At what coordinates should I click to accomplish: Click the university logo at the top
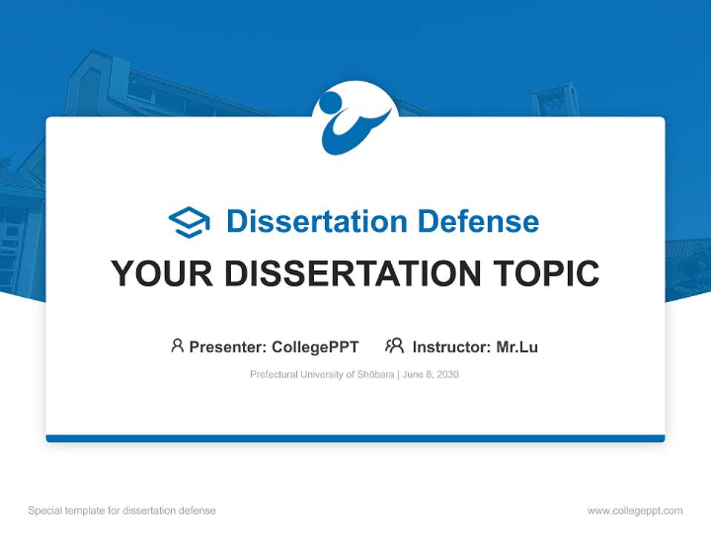tap(355, 118)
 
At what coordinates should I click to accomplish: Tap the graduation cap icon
tap(189, 221)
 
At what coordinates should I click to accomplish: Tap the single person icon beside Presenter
tap(177, 346)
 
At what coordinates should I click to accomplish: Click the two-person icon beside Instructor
tap(394, 346)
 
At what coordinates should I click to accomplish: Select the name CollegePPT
tap(315, 346)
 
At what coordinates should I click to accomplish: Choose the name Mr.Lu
tap(517, 346)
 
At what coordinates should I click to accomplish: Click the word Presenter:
tap(228, 346)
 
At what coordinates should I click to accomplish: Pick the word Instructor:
tap(452, 346)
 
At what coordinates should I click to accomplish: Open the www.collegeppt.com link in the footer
tap(635, 511)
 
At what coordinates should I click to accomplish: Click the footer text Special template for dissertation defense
tap(122, 511)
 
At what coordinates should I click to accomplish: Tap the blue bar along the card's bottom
tap(355, 438)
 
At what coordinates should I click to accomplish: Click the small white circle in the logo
tap(330, 101)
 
